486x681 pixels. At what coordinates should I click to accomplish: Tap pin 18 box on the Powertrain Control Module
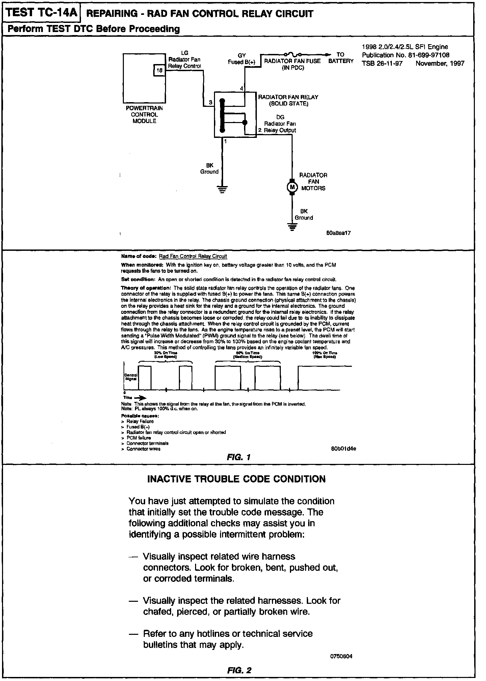coord(160,70)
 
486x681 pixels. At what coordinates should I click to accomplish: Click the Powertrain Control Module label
coord(144,115)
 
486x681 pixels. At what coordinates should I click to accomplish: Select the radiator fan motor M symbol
coord(292,186)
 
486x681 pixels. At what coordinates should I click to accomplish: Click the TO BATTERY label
coord(341,58)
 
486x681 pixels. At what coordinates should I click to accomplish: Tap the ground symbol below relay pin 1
coord(222,189)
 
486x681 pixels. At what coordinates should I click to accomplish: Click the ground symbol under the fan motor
coord(292,227)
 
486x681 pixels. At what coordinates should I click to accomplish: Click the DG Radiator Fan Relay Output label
coord(280,124)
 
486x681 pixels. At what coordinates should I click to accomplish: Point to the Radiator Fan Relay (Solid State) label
coord(288,100)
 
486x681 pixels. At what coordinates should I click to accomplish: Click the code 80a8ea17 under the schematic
coord(339,233)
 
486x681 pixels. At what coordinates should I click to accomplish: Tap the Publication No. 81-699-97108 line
coord(405,55)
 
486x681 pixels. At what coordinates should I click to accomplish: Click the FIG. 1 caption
coord(239,457)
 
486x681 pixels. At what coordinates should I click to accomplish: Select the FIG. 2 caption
coord(239,670)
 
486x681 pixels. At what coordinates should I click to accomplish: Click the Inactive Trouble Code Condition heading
coord(237,479)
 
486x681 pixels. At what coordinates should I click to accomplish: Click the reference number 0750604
coord(341,656)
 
